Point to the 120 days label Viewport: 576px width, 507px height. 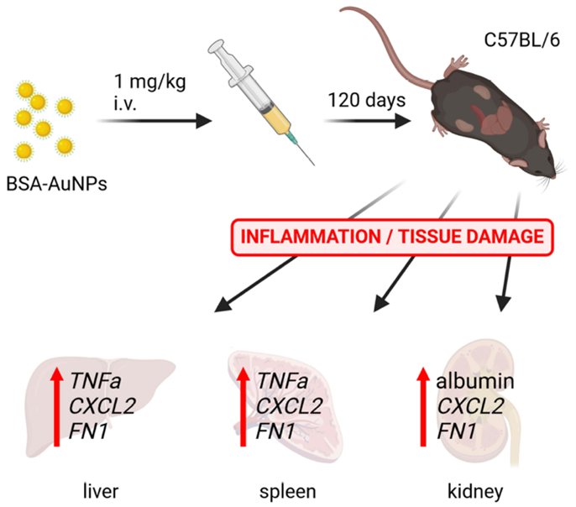366,100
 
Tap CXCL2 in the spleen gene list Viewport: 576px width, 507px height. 289,406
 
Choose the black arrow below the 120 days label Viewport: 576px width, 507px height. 367,122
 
